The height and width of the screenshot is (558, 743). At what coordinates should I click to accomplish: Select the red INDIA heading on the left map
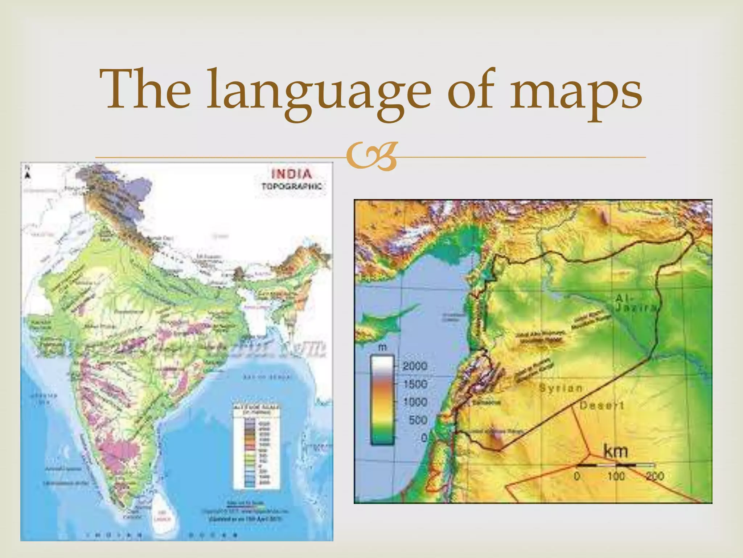coord(292,174)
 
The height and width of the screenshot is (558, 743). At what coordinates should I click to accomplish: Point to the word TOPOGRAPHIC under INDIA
coord(292,186)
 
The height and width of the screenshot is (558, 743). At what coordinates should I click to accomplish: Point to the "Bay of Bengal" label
coord(268,377)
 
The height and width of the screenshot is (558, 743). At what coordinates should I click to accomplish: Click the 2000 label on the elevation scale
coord(415,366)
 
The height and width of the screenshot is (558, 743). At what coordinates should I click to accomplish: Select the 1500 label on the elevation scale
coord(415,384)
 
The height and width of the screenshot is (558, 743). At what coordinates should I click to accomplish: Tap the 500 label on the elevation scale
coord(418,420)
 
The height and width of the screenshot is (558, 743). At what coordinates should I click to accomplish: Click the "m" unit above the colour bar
coord(382,348)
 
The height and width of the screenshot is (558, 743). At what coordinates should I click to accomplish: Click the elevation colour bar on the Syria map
coord(382,400)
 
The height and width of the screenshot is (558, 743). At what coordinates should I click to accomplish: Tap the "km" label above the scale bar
coord(615,452)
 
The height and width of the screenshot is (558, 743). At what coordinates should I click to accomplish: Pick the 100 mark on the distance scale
coord(616,476)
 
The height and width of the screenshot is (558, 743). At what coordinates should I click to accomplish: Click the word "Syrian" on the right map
coord(561,388)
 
